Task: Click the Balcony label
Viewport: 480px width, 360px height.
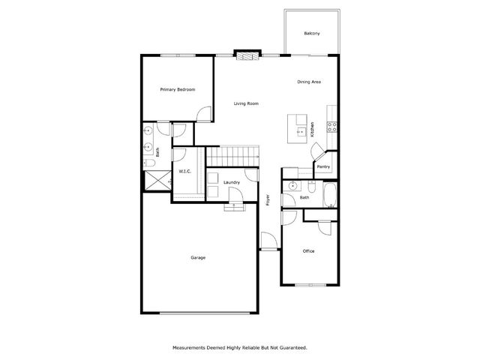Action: (x=312, y=34)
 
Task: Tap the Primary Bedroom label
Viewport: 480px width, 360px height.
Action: (x=178, y=90)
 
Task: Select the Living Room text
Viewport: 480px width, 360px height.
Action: (x=246, y=103)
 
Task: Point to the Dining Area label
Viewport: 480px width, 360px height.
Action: (x=309, y=82)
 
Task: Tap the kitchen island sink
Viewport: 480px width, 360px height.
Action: (x=300, y=130)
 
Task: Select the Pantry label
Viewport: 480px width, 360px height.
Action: (x=324, y=166)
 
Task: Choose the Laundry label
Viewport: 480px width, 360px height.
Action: (x=232, y=182)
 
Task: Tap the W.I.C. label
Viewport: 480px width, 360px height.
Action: (x=183, y=172)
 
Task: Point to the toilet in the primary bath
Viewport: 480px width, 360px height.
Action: (x=150, y=163)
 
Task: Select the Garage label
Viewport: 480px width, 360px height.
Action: (x=197, y=257)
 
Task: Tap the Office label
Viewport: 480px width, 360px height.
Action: (x=308, y=250)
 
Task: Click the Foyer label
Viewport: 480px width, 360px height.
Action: (x=268, y=200)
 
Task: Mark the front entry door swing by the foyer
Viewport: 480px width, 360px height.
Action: (x=268, y=241)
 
